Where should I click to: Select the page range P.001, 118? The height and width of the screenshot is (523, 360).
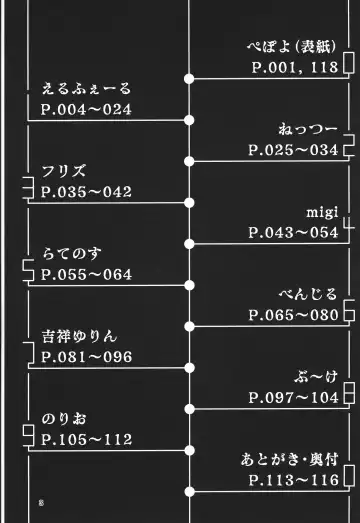pyautogui.click(x=295, y=67)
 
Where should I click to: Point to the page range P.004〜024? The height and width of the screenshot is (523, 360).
pyautogui.click(x=86, y=109)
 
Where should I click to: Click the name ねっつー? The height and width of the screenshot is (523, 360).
pyautogui.click(x=308, y=130)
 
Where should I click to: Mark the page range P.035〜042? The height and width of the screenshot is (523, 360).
pyautogui.click(x=86, y=191)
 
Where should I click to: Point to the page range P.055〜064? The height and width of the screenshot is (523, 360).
pyautogui.click(x=86, y=273)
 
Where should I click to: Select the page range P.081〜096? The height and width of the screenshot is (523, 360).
pyautogui.click(x=86, y=356)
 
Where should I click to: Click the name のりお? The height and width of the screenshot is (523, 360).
pyautogui.click(x=65, y=419)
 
